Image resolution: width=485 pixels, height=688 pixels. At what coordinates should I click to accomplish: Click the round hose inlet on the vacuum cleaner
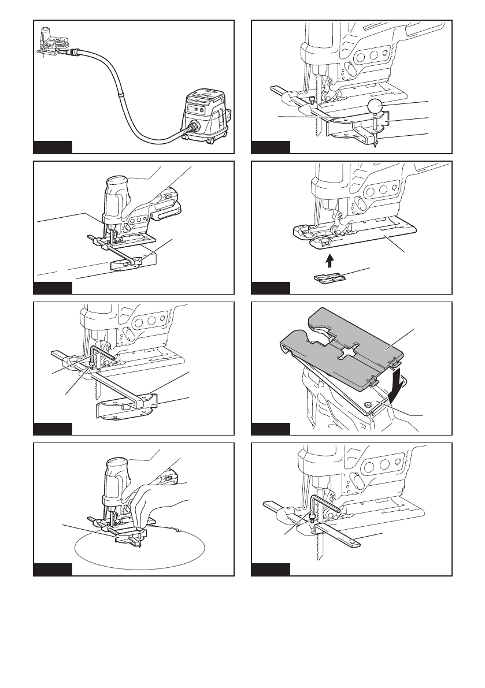click(x=192, y=125)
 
